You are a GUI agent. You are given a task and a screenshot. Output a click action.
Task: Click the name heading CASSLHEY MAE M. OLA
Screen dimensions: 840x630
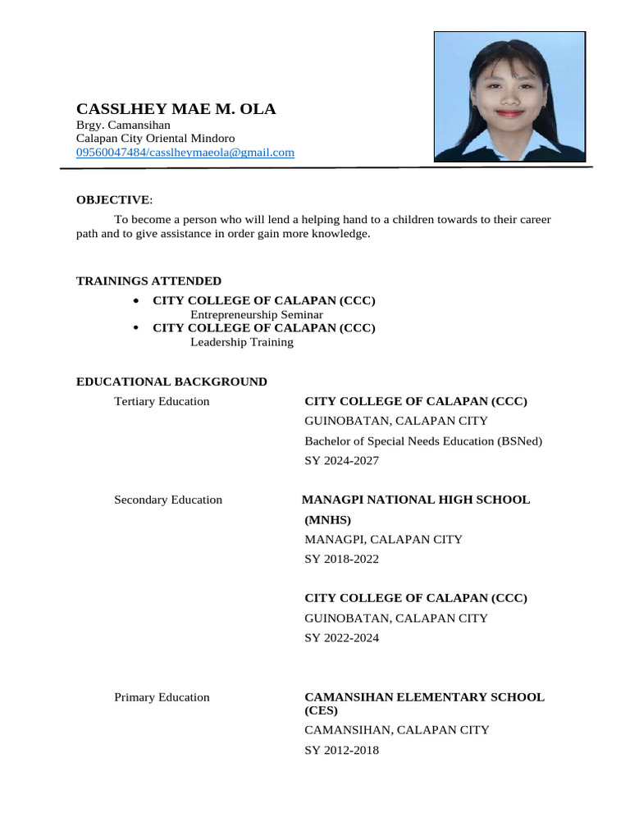pos(176,109)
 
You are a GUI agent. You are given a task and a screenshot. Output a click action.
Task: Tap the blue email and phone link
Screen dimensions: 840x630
pos(185,153)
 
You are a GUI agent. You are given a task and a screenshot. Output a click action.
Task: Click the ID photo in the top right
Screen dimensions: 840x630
pos(509,96)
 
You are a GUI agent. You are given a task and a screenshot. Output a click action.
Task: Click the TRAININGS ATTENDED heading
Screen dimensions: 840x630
pos(148,281)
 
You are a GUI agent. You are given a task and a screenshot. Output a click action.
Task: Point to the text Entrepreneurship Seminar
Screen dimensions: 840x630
pos(257,315)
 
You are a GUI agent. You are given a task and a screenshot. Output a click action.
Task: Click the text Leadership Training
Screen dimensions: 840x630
pos(242,342)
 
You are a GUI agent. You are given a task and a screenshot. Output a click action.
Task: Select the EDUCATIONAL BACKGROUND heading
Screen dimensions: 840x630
pos(171,381)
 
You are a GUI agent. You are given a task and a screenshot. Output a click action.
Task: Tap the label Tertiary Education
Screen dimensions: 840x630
pos(162,401)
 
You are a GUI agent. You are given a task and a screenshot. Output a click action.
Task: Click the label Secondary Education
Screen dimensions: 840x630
pos(168,500)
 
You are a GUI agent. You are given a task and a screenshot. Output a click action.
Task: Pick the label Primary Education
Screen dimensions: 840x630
pos(162,697)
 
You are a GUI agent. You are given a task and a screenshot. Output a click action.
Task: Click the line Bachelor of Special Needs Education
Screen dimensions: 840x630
pos(423,441)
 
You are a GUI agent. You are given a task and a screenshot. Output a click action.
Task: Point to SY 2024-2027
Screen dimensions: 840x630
pos(342,461)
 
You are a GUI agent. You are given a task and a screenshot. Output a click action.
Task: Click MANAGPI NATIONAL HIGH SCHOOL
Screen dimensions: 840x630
pos(416,500)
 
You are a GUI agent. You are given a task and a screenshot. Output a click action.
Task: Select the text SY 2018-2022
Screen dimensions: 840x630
pos(342,559)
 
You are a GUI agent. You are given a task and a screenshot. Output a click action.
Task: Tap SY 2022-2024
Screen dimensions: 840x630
pos(342,638)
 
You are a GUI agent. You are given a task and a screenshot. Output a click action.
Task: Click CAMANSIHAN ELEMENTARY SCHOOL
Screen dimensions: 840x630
pos(424,697)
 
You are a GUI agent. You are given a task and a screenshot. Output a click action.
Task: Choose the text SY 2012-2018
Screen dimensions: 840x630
pos(342,750)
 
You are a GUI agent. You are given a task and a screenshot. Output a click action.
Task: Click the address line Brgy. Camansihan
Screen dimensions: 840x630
pos(123,126)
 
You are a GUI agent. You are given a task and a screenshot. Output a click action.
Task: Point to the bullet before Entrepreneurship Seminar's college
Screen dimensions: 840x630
pos(135,301)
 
